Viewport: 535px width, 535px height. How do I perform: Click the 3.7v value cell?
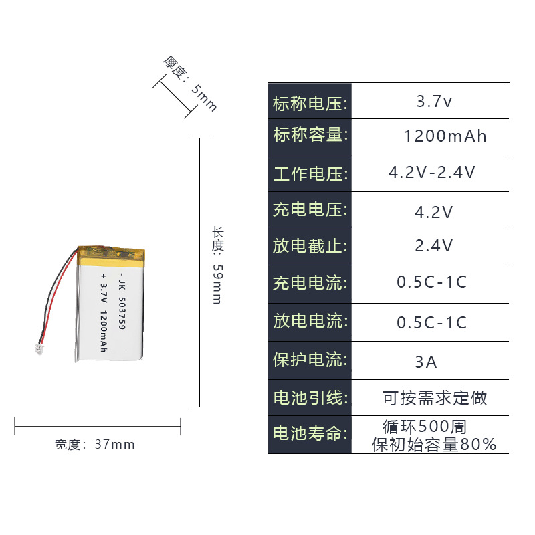pyautogui.click(x=434, y=102)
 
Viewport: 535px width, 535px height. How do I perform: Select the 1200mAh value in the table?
pyautogui.click(x=445, y=136)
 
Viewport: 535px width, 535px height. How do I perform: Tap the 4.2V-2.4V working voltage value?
pyautogui.click(x=432, y=173)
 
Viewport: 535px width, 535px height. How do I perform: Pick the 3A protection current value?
pyautogui.click(x=426, y=362)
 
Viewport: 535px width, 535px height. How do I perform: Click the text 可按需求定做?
pyautogui.click(x=435, y=399)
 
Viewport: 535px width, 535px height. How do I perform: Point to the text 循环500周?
pyautogui.click(x=425, y=426)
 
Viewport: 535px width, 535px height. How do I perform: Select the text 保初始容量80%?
pyautogui.click(x=434, y=444)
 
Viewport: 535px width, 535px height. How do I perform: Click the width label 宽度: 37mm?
pyautogui.click(x=94, y=445)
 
